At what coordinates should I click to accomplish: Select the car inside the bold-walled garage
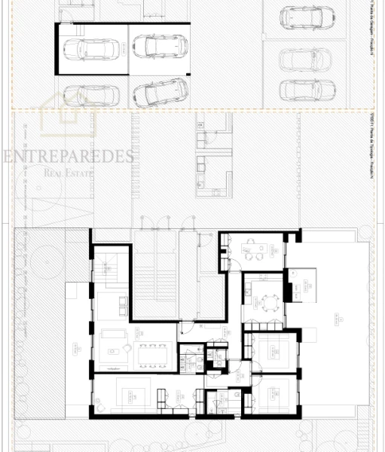[92, 49]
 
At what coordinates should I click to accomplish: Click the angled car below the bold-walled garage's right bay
[160, 92]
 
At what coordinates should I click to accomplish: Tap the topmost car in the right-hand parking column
[307, 19]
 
